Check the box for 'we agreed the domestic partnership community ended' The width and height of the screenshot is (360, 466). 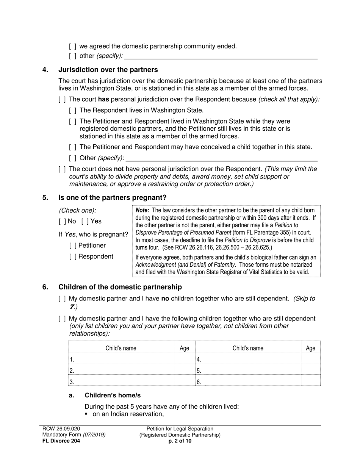(x=73, y=46)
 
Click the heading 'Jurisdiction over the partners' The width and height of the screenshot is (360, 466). (x=108, y=70)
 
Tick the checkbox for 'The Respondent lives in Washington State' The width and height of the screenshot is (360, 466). (x=73, y=110)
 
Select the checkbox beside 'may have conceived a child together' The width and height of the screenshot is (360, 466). (x=73, y=147)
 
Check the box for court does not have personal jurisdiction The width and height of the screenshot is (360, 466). (x=62, y=169)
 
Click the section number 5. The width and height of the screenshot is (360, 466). (x=45, y=197)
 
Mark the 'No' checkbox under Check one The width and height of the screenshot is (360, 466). (x=62, y=221)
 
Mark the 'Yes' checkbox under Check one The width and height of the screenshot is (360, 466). (x=85, y=221)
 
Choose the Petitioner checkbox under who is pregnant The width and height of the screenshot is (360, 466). (x=73, y=246)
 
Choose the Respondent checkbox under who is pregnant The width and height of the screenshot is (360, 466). (x=73, y=256)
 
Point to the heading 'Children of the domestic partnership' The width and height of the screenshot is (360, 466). (x=120, y=287)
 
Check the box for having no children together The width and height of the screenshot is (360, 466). (x=62, y=299)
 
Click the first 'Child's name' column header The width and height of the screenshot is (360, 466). (x=121, y=348)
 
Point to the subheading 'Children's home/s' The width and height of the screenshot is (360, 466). (x=113, y=395)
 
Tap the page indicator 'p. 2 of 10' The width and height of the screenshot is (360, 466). (x=180, y=441)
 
